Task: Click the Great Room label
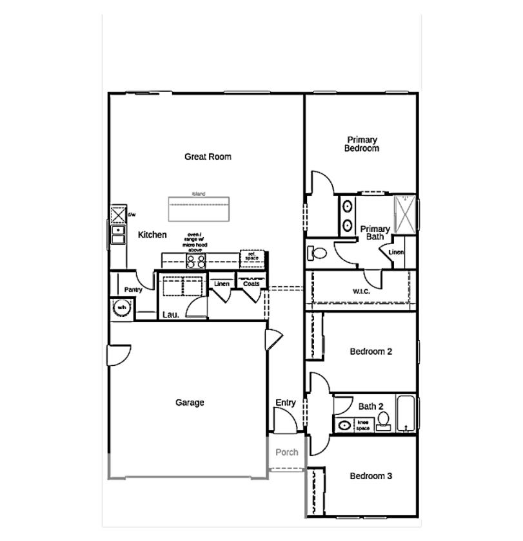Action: point(208,157)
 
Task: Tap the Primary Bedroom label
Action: point(362,144)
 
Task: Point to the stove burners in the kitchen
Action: point(195,261)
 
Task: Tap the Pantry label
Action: point(133,290)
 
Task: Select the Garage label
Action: point(190,403)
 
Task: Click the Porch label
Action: point(287,452)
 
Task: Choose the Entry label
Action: point(286,403)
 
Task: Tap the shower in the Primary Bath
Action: point(405,213)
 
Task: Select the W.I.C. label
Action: point(361,290)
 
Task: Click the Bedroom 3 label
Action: point(371,476)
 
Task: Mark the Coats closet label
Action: point(251,283)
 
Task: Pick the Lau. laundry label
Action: point(170,315)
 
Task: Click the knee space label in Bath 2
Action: point(363,424)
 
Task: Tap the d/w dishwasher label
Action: point(132,214)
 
